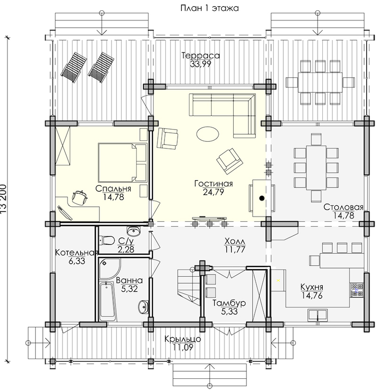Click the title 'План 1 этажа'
coord(209,8)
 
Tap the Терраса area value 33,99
coord(200,64)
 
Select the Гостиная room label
coord(213,184)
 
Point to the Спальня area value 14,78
coord(113,197)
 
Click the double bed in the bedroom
coord(123,162)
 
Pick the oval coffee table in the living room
coord(208,134)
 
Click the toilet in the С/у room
coord(107,240)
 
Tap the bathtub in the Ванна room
coord(108,302)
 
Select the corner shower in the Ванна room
coord(110,269)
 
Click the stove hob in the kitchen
coord(357,290)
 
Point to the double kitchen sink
coord(317,314)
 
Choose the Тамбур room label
coord(229,303)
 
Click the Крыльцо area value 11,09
coord(183,347)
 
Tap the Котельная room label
coord(76,253)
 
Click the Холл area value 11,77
coord(235,249)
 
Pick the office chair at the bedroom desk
coord(80,198)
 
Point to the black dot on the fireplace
coord(262,198)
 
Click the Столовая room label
coord(343,207)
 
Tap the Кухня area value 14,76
coord(312,296)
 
